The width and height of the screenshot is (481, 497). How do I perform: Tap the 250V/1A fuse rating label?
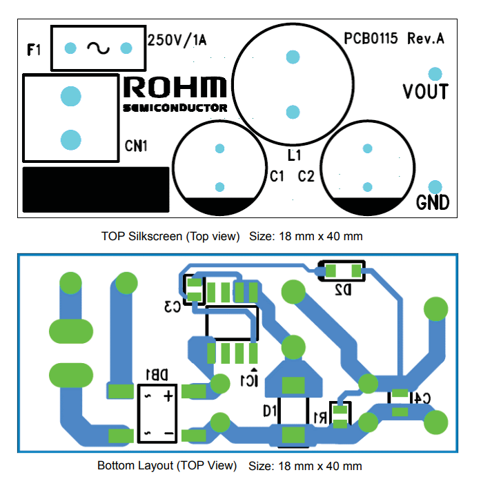(177, 41)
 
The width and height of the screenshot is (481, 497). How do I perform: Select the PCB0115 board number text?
(371, 39)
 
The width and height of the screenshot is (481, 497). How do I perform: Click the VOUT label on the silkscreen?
(425, 92)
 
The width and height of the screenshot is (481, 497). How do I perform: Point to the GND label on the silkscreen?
(433, 203)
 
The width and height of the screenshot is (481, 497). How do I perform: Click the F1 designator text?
(35, 50)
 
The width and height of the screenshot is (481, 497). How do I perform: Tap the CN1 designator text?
(136, 146)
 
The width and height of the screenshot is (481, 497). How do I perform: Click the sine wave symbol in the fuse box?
(98, 48)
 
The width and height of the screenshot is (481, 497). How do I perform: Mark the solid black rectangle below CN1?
(96, 189)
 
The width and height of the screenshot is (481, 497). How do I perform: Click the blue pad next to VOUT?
(435, 73)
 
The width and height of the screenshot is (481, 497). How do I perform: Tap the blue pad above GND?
(435, 186)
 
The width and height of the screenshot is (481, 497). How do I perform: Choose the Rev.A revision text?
(426, 39)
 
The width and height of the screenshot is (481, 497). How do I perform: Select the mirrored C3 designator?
(173, 306)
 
